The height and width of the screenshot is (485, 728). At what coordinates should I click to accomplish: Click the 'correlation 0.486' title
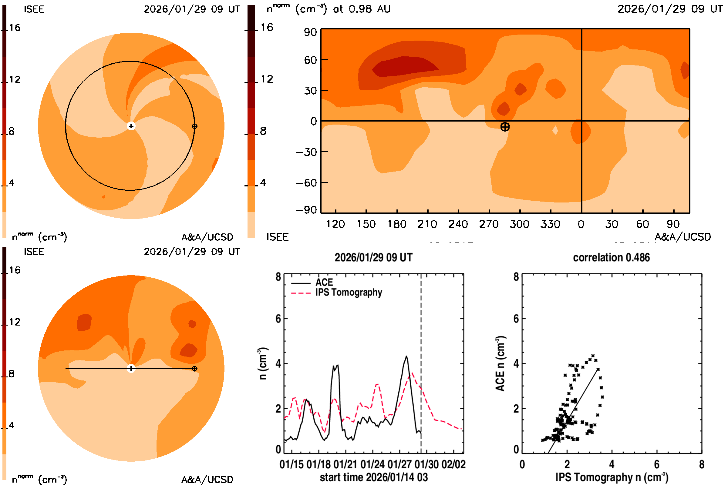[611, 258]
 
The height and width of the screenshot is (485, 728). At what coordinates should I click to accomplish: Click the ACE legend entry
[324, 283]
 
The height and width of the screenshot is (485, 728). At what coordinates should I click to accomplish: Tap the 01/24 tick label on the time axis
[372, 464]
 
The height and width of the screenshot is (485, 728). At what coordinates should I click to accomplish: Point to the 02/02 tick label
[453, 464]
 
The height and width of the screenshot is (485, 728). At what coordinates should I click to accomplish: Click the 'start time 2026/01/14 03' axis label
[374, 477]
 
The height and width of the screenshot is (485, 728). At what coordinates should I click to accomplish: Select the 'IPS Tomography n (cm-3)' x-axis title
[612, 477]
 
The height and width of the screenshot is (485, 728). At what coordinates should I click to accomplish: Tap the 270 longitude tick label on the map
[489, 224]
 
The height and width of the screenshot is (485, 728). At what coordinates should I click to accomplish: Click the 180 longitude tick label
[397, 224]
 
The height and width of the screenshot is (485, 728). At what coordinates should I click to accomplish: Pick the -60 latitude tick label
[306, 183]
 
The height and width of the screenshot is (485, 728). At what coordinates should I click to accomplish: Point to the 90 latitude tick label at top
[310, 32]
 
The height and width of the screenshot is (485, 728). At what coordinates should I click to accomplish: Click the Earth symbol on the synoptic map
[505, 127]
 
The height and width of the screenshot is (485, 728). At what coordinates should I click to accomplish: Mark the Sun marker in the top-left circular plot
[131, 126]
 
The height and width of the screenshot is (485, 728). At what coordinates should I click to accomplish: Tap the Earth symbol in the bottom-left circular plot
[194, 369]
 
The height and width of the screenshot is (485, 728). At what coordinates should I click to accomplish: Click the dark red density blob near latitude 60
[404, 66]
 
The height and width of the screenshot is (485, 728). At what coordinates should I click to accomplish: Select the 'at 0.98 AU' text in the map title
[362, 9]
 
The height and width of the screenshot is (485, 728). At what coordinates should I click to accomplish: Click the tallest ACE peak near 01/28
[406, 356]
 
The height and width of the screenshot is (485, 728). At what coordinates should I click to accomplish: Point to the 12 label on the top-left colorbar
[15, 79]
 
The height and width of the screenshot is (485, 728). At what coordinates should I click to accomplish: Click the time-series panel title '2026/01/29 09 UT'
[373, 258]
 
